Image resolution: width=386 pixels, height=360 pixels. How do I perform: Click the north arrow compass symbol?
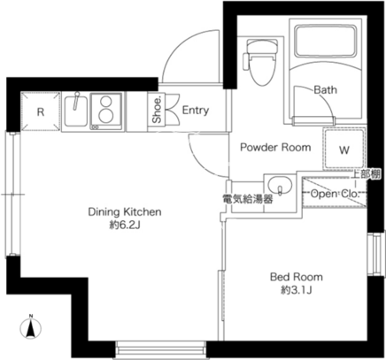coord(30,327)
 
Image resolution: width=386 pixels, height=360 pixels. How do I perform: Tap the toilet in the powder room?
coord(260,63)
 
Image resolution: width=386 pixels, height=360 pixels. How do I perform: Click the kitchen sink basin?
coord(76,111)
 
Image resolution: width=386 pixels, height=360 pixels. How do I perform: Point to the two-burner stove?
coord(106,111)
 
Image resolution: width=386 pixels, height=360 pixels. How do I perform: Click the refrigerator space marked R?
coord(41,111)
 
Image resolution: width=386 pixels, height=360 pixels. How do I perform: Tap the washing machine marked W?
coord(344,149)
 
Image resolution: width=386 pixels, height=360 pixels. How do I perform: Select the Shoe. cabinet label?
coord(158,109)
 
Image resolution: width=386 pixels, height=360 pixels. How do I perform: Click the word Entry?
coord(196,110)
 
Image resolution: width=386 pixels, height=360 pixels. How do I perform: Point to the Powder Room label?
coord(275,147)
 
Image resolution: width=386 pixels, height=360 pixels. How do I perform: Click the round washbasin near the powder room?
coord(280,186)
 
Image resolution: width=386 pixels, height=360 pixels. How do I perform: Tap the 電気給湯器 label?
coord(248,199)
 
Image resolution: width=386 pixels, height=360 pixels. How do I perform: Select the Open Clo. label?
coord(335,194)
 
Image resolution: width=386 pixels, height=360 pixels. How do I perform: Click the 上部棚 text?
coord(367,174)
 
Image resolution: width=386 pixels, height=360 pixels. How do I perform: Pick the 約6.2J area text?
coord(125,226)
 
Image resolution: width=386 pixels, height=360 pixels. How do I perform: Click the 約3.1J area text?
coord(297,290)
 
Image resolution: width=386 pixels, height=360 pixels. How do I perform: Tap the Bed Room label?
coord(297,277)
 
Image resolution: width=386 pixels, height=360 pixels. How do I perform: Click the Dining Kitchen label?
coord(125,211)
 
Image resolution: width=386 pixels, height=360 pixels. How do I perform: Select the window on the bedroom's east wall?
coord(376,255)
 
